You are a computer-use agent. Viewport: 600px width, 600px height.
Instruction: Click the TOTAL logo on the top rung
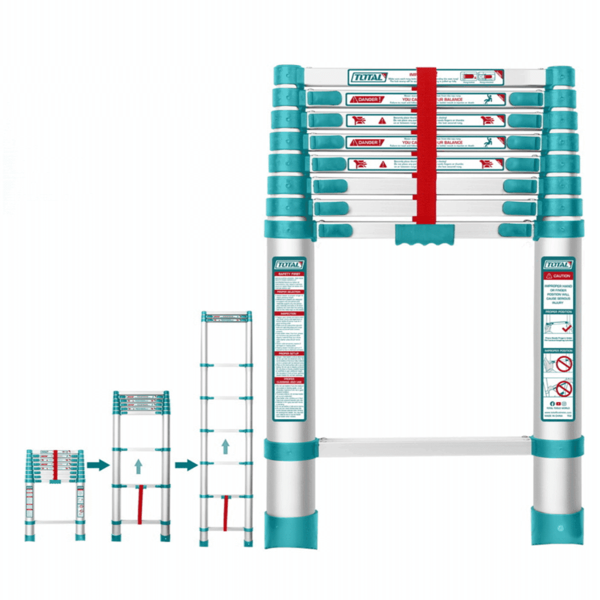coord(367,77)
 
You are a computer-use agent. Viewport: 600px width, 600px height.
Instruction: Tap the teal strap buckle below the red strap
coord(425,234)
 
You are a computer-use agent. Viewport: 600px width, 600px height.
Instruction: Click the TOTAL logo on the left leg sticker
coord(289,264)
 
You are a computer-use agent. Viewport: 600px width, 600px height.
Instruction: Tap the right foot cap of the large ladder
coord(558,526)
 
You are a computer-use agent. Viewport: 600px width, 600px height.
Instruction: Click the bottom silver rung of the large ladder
coord(424,446)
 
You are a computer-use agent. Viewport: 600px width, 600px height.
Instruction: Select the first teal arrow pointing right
coord(98,465)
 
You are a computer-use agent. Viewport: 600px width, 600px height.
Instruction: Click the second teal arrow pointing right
coord(186,465)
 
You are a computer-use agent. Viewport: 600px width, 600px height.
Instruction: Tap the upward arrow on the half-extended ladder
coord(138,466)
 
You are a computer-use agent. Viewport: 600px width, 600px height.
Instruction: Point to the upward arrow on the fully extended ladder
coord(226,447)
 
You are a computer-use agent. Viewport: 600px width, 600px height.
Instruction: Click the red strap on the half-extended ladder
coord(139,505)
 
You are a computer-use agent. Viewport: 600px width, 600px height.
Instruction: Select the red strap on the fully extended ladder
coord(225,513)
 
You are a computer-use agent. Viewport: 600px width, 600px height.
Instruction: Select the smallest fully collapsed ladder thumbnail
coord(54,495)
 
